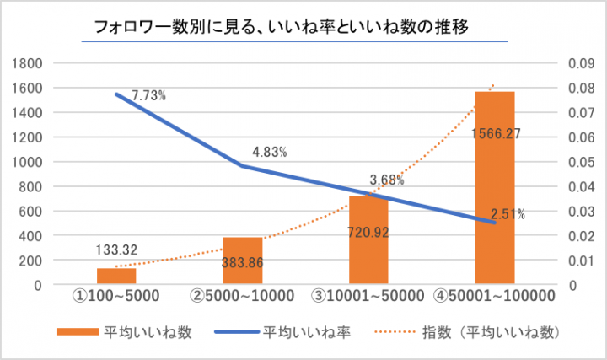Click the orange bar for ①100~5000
[x=116, y=276]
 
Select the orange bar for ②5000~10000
[x=243, y=261]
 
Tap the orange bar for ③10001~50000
[x=368, y=240]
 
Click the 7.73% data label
[x=148, y=96]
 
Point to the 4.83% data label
[x=270, y=153]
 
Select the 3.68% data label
[x=386, y=180]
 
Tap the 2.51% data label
[x=508, y=214]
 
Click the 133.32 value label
[x=117, y=249]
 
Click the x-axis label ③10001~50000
[x=369, y=296]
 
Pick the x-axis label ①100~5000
[x=117, y=296]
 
